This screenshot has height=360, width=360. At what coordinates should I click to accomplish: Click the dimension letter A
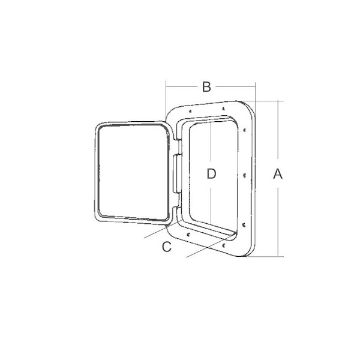pos(278,173)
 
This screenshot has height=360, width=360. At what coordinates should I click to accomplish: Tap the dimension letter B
pos(206,87)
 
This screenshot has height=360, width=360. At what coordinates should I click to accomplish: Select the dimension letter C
pos(167,247)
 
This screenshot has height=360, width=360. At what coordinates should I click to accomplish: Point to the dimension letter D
pos(211,174)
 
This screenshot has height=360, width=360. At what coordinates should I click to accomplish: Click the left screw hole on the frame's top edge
pos(190,112)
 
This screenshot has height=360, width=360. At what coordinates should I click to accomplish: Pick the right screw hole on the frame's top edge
pos(223,109)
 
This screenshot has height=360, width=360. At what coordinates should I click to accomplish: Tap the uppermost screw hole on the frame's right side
pos(245,130)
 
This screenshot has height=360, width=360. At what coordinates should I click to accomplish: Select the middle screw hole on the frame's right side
pos(244,176)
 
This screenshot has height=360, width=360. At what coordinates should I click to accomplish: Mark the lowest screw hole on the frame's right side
pos(244,224)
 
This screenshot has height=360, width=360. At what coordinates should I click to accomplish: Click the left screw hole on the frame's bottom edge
pos(188,235)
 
